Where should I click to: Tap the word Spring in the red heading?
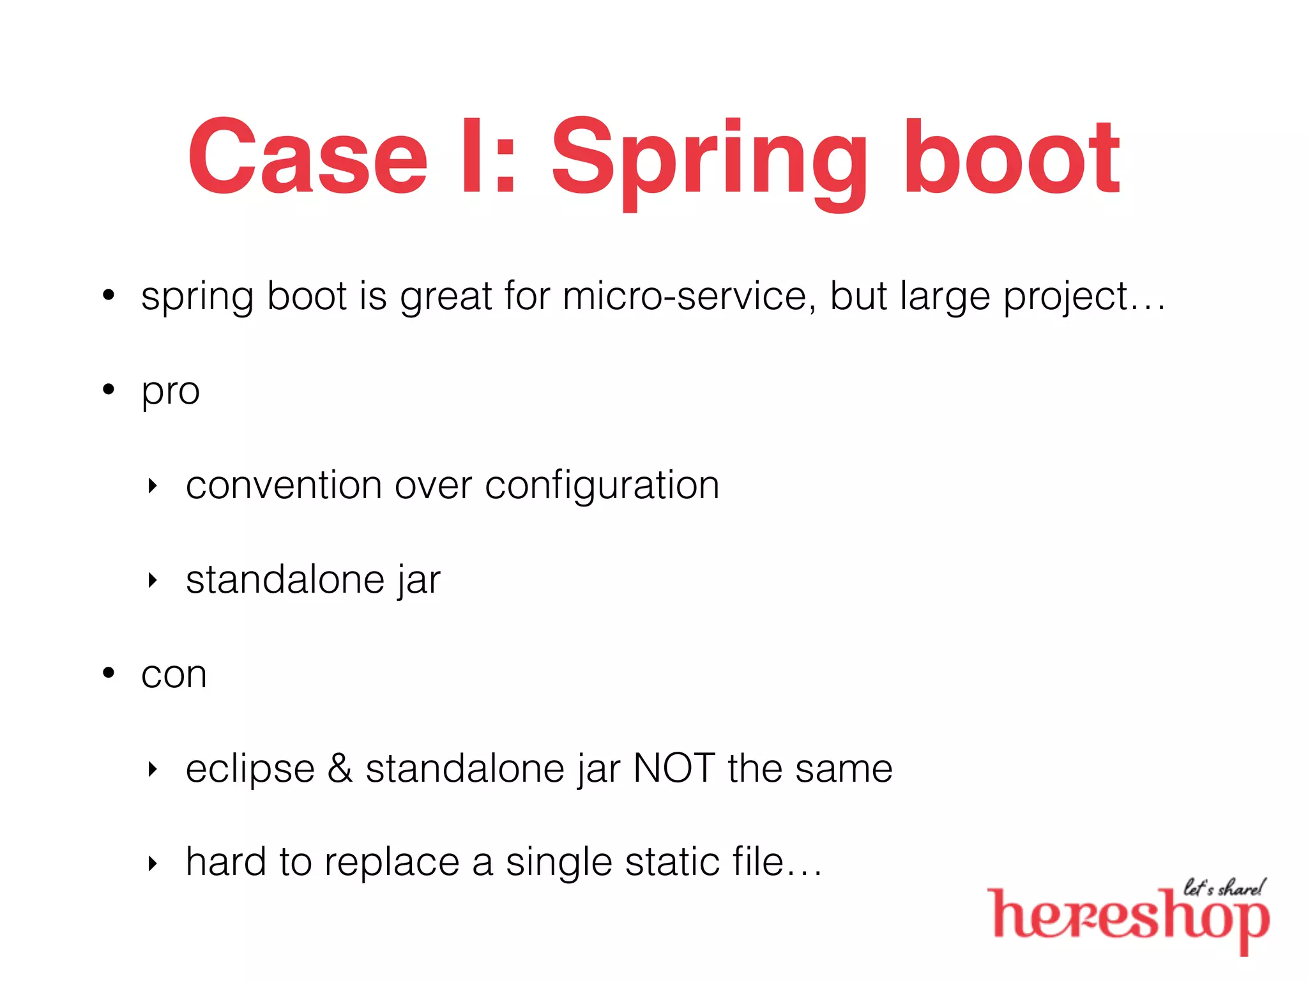point(709,160)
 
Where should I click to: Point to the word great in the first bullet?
point(446,298)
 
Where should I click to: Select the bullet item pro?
point(171,391)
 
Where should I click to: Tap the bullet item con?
point(174,674)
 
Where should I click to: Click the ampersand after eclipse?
point(340,768)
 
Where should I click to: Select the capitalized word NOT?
point(674,768)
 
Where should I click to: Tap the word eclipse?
point(250,769)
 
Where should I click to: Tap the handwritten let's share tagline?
point(1224,888)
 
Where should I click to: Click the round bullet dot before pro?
point(109,389)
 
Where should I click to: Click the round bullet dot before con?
point(109,673)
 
